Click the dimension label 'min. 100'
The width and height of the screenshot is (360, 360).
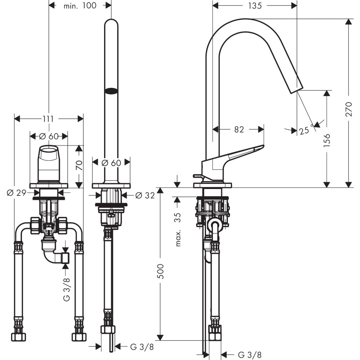tap(80, 6)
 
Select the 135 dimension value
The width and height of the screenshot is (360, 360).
tap(255, 6)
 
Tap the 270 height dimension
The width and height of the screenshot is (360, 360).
tap(348, 108)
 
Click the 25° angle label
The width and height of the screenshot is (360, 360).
tap(305, 130)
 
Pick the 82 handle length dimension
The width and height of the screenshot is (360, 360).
tap(239, 130)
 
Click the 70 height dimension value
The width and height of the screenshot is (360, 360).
tap(79, 166)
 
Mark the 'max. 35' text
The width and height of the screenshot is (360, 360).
tap(177, 229)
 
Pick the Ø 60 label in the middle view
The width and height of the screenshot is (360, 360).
tap(111, 162)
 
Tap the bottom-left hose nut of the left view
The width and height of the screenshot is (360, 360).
tap(18, 337)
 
